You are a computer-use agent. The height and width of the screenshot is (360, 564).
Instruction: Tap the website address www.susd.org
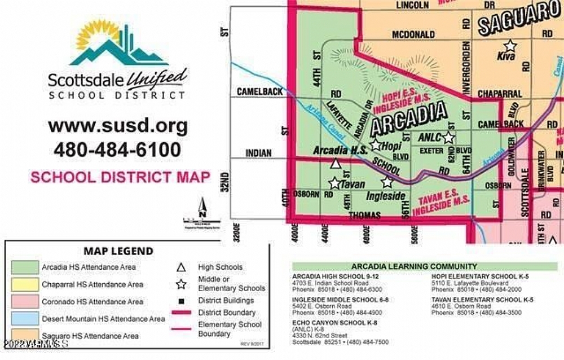[118, 125]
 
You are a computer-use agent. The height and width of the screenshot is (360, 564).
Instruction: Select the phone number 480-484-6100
[117, 150]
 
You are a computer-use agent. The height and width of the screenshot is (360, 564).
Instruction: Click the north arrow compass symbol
[202, 209]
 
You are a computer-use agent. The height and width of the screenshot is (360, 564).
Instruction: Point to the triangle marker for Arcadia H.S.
[335, 164]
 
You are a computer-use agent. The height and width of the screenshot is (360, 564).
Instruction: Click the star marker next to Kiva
[510, 45]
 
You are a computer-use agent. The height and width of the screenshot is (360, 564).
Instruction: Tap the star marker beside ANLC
[448, 137]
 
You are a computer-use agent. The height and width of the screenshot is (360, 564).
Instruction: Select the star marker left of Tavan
[334, 183]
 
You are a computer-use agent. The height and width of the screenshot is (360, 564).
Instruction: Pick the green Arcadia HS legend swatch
[24, 267]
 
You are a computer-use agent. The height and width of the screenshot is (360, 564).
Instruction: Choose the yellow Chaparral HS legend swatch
[24, 284]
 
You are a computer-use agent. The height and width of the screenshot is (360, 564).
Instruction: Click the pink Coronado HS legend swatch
[24, 302]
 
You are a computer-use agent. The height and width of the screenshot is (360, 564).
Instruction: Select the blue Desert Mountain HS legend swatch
[24, 319]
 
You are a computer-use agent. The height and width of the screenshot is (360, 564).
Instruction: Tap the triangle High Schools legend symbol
[181, 267]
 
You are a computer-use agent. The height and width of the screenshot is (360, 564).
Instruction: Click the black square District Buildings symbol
[181, 300]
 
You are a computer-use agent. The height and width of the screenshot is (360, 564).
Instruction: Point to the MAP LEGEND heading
[118, 251]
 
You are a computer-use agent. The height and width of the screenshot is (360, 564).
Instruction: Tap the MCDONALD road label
[413, 34]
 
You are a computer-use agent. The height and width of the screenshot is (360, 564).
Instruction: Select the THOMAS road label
[365, 216]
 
